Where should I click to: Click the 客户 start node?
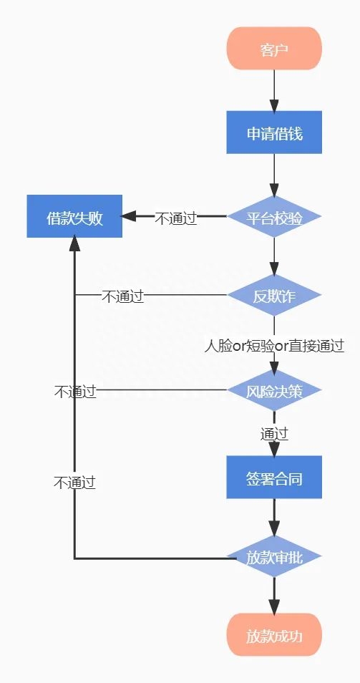point(274,49)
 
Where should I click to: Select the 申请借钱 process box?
point(274,132)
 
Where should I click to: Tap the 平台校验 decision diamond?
point(274,217)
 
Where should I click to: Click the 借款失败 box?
point(74,216)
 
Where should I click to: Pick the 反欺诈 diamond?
point(274,295)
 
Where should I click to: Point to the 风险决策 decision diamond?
point(274,390)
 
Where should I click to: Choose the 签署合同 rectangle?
point(274,477)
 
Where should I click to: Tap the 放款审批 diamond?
point(274,556)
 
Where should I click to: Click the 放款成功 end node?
point(274,634)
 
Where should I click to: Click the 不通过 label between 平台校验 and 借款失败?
point(175,218)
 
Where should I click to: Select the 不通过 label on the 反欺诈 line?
point(122,296)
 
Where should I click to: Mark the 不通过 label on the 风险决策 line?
point(74,391)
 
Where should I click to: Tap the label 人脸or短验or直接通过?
point(274,346)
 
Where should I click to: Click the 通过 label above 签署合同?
point(274,433)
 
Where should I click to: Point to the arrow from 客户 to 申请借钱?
point(274,90)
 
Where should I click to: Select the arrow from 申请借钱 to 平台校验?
point(274,174)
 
